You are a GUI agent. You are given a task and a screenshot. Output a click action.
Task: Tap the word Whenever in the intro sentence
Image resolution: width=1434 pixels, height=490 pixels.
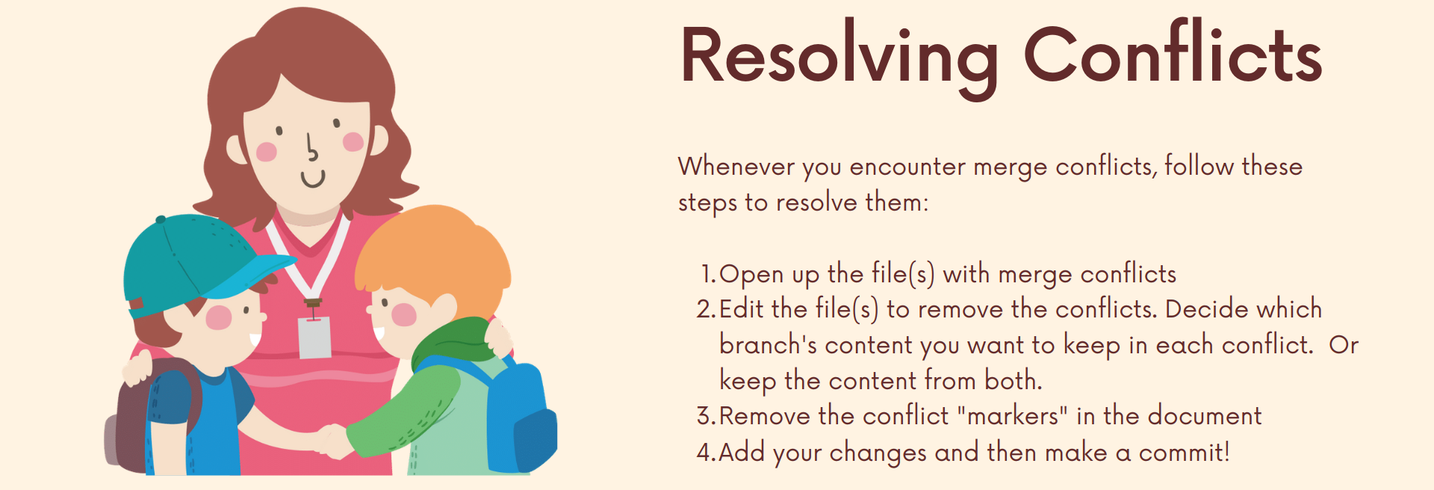point(736,166)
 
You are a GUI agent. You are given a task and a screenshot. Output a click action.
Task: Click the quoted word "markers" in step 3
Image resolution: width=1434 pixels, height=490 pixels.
point(1012,416)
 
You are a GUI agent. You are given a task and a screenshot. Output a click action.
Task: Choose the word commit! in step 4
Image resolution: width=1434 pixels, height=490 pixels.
point(1185,453)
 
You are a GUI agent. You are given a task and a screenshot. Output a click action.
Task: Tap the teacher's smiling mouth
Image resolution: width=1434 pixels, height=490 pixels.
point(313,180)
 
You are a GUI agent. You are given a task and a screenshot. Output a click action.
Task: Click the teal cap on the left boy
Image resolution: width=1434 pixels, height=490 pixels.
point(198,261)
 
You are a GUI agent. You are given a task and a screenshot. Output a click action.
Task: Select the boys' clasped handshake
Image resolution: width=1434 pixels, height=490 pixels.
point(333,441)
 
